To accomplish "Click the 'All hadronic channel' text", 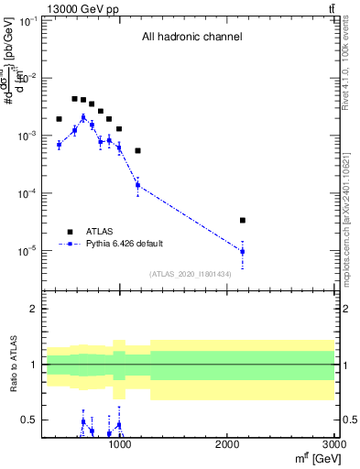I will tap(191, 38).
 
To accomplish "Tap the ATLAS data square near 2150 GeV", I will tap(242, 220).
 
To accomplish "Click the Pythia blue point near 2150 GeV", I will tap(242, 251).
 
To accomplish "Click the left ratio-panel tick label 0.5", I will tap(30, 420).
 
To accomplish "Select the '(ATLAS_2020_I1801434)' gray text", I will tap(190, 274).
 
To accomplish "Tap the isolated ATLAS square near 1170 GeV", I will tap(137, 150).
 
